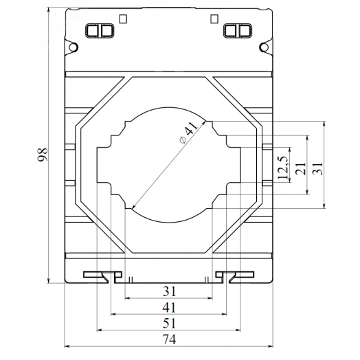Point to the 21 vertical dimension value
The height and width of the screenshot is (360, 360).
tap(300, 168)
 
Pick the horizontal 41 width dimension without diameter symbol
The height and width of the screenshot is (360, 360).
tap(169, 307)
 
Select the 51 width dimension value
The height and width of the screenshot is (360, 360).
tap(169, 323)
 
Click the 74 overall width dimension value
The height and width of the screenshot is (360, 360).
tap(169, 339)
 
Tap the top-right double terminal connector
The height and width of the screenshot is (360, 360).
tap(236, 30)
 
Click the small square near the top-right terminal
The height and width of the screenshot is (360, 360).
tap(214, 19)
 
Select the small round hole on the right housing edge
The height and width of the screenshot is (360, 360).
tap(265, 47)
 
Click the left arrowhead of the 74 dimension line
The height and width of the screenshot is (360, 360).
tap(66, 346)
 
